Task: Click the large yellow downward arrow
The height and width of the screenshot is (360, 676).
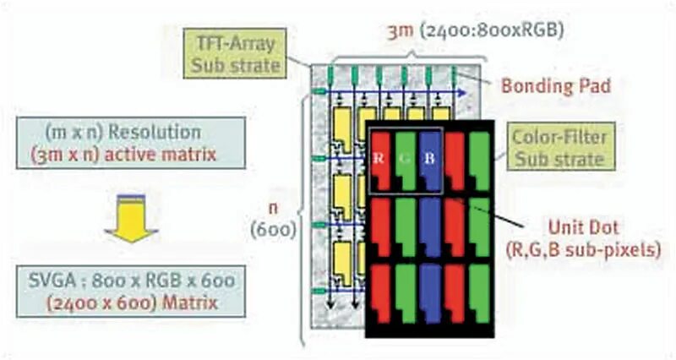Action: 130,221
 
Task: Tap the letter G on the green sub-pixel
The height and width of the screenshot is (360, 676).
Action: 405,158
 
